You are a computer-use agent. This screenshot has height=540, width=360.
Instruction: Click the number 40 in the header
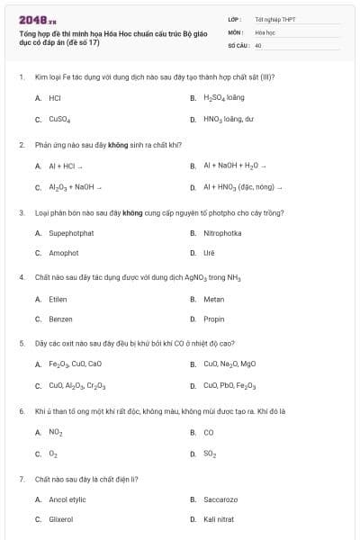[258, 44]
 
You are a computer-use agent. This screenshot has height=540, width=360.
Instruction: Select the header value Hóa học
[265, 31]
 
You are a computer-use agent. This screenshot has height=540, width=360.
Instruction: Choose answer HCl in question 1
[55, 97]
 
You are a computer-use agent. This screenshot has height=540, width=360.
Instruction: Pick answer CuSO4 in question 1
[59, 119]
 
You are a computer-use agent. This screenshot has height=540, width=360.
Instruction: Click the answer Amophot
[64, 253]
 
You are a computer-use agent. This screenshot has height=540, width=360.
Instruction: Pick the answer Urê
[210, 253]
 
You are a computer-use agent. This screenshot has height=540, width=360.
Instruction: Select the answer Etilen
[58, 299]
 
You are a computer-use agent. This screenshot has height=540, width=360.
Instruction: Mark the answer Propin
[214, 319]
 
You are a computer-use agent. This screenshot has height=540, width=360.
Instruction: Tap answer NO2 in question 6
[56, 432]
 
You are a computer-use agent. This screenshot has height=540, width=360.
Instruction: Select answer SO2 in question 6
[210, 454]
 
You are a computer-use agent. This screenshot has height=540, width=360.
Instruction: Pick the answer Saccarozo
[220, 499]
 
